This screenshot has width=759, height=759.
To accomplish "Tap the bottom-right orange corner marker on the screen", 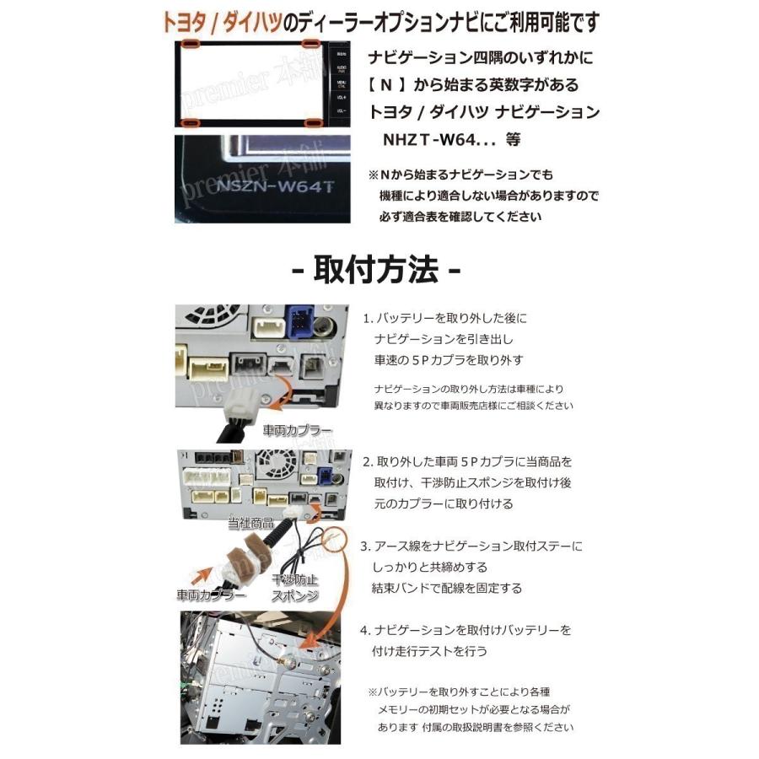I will point(315,124).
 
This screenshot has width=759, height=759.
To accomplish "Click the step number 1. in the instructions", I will point(369,319).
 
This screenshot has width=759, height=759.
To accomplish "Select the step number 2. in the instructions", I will point(369,462).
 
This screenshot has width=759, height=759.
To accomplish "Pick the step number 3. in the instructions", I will point(369,546).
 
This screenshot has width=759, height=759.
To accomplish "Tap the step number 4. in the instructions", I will point(369,630).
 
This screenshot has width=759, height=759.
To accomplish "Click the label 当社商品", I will point(250,525).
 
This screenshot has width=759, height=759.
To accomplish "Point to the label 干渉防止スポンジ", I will point(294,589).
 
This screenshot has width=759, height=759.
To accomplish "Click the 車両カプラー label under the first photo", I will point(297,430).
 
